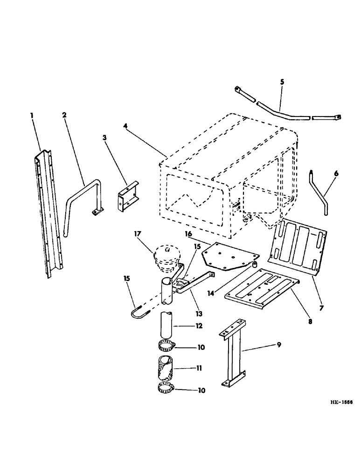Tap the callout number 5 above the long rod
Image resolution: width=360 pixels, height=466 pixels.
pos(282,82)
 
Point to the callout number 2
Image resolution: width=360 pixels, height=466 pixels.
pos(64,115)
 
